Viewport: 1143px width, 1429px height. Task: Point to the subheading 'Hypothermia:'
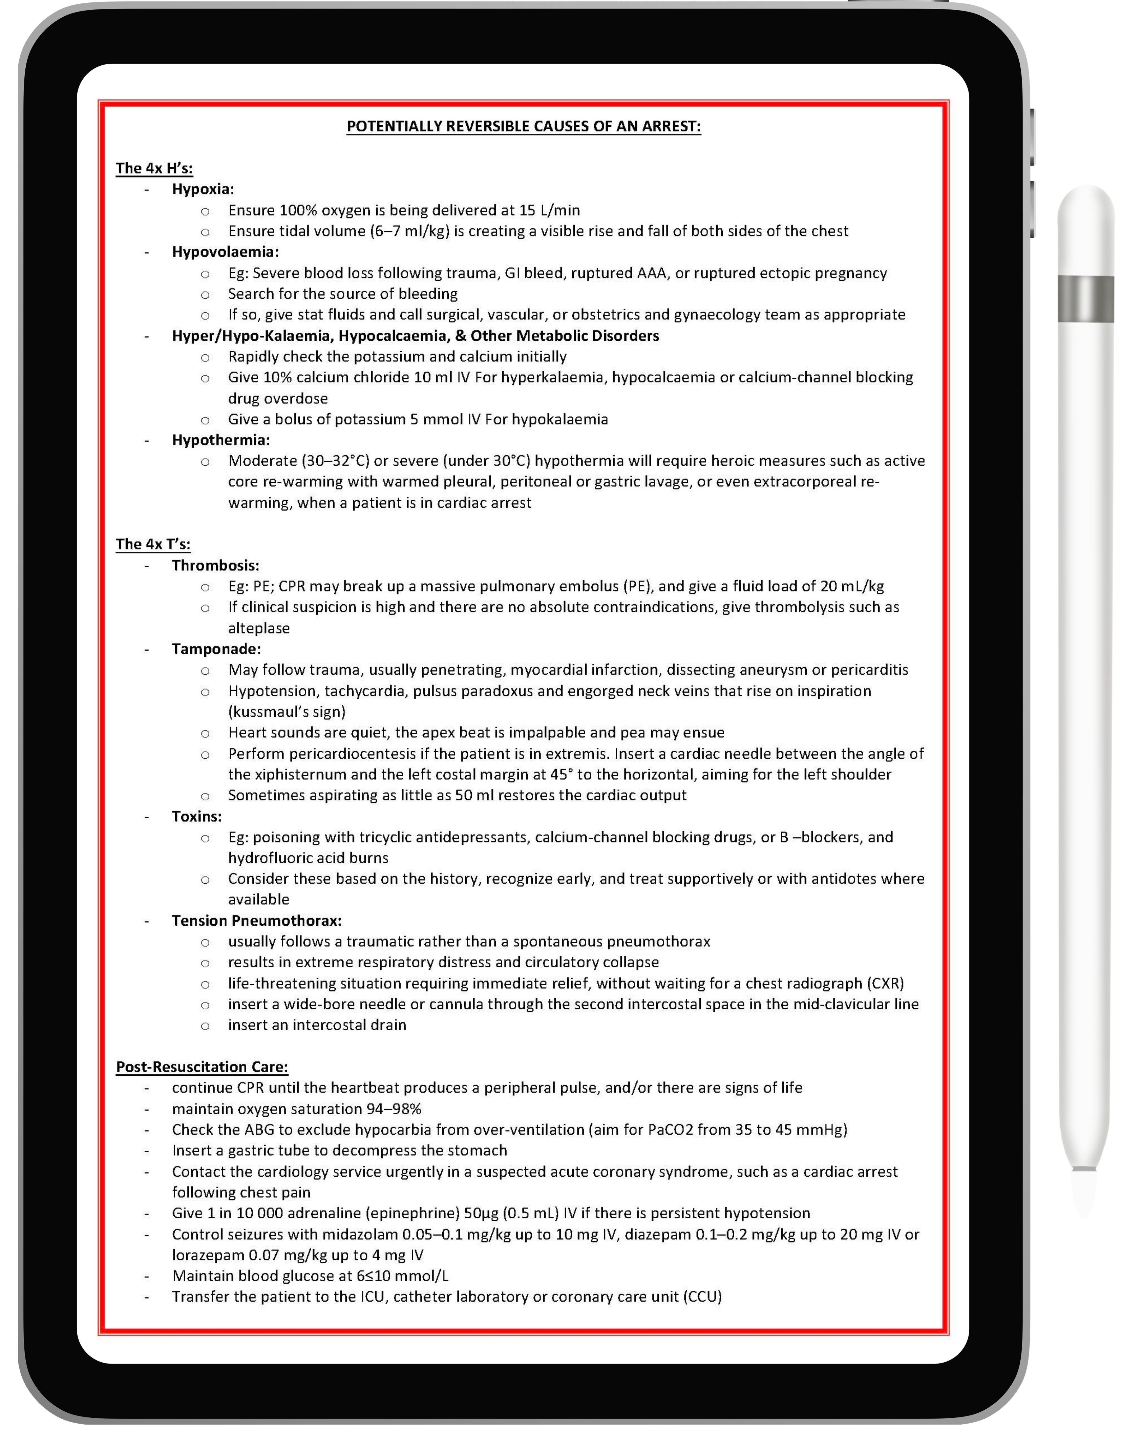(221, 440)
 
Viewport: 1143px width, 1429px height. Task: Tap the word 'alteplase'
(258, 628)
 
